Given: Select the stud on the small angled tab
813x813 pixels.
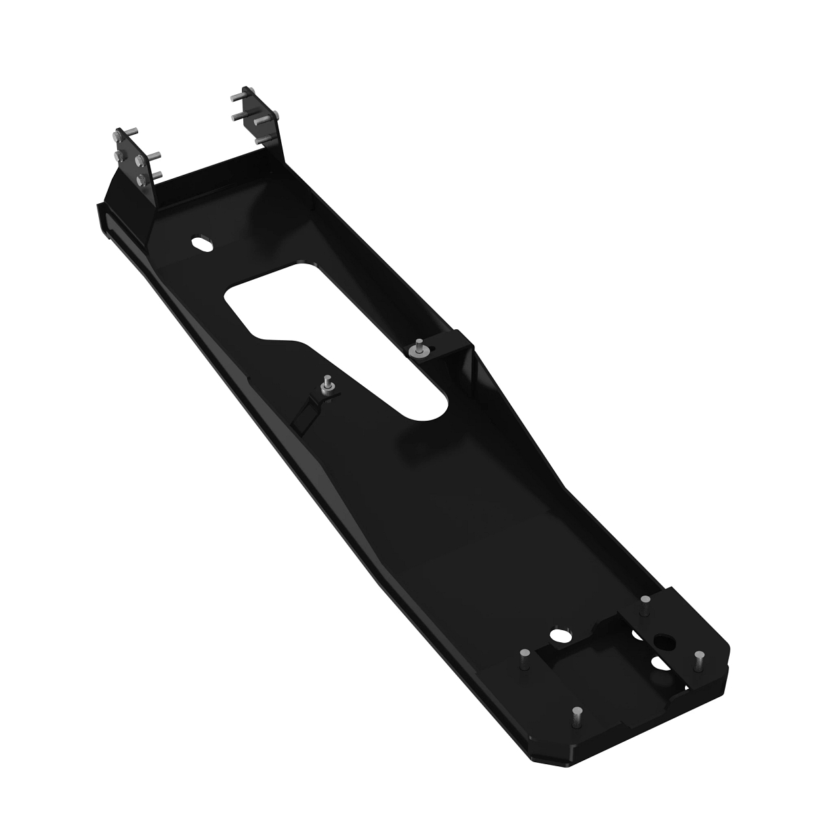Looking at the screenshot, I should (327, 381).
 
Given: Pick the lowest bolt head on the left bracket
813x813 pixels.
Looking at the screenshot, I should (141, 180).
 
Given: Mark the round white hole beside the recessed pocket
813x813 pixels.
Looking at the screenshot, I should (560, 636).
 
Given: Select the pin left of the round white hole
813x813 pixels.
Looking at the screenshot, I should (524, 656).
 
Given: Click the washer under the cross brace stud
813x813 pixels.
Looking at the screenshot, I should (417, 352).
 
